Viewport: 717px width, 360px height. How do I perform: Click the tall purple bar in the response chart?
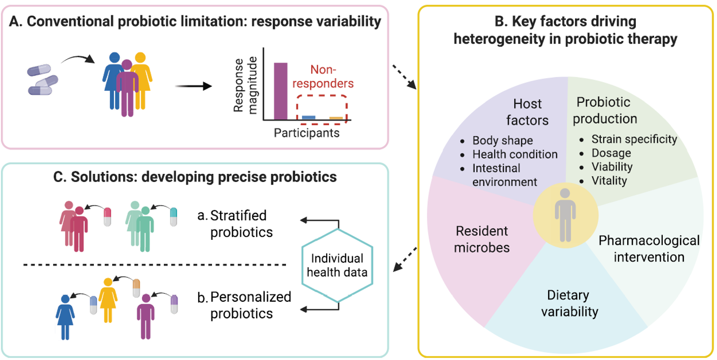tap(280, 91)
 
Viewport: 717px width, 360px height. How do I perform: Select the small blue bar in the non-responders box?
tap(309, 118)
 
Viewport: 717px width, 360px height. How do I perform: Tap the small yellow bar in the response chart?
tap(336, 118)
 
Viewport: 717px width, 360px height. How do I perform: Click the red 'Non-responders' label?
tap(323, 77)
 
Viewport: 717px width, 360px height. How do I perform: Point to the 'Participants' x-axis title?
tap(307, 133)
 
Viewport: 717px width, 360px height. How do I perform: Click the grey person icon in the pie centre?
tap(565, 215)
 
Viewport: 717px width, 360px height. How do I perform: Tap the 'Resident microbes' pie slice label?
tap(482, 239)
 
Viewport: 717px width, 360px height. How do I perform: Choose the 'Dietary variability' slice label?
tap(569, 303)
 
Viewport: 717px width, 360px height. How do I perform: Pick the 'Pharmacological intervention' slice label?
tap(649, 249)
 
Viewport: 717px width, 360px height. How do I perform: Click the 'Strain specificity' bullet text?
tap(634, 139)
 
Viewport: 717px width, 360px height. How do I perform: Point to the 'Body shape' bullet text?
tap(503, 140)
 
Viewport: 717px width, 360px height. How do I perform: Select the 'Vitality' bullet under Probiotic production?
tap(609, 181)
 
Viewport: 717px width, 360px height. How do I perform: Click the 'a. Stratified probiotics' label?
tap(235, 224)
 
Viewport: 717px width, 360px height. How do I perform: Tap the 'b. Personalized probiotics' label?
tap(244, 305)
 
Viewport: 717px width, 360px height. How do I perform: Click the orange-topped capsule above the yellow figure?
tap(136, 288)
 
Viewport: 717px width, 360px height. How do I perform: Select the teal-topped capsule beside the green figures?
tap(173, 217)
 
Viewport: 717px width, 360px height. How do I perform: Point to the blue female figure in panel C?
tap(65, 317)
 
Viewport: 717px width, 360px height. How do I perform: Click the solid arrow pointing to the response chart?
tap(193, 86)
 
